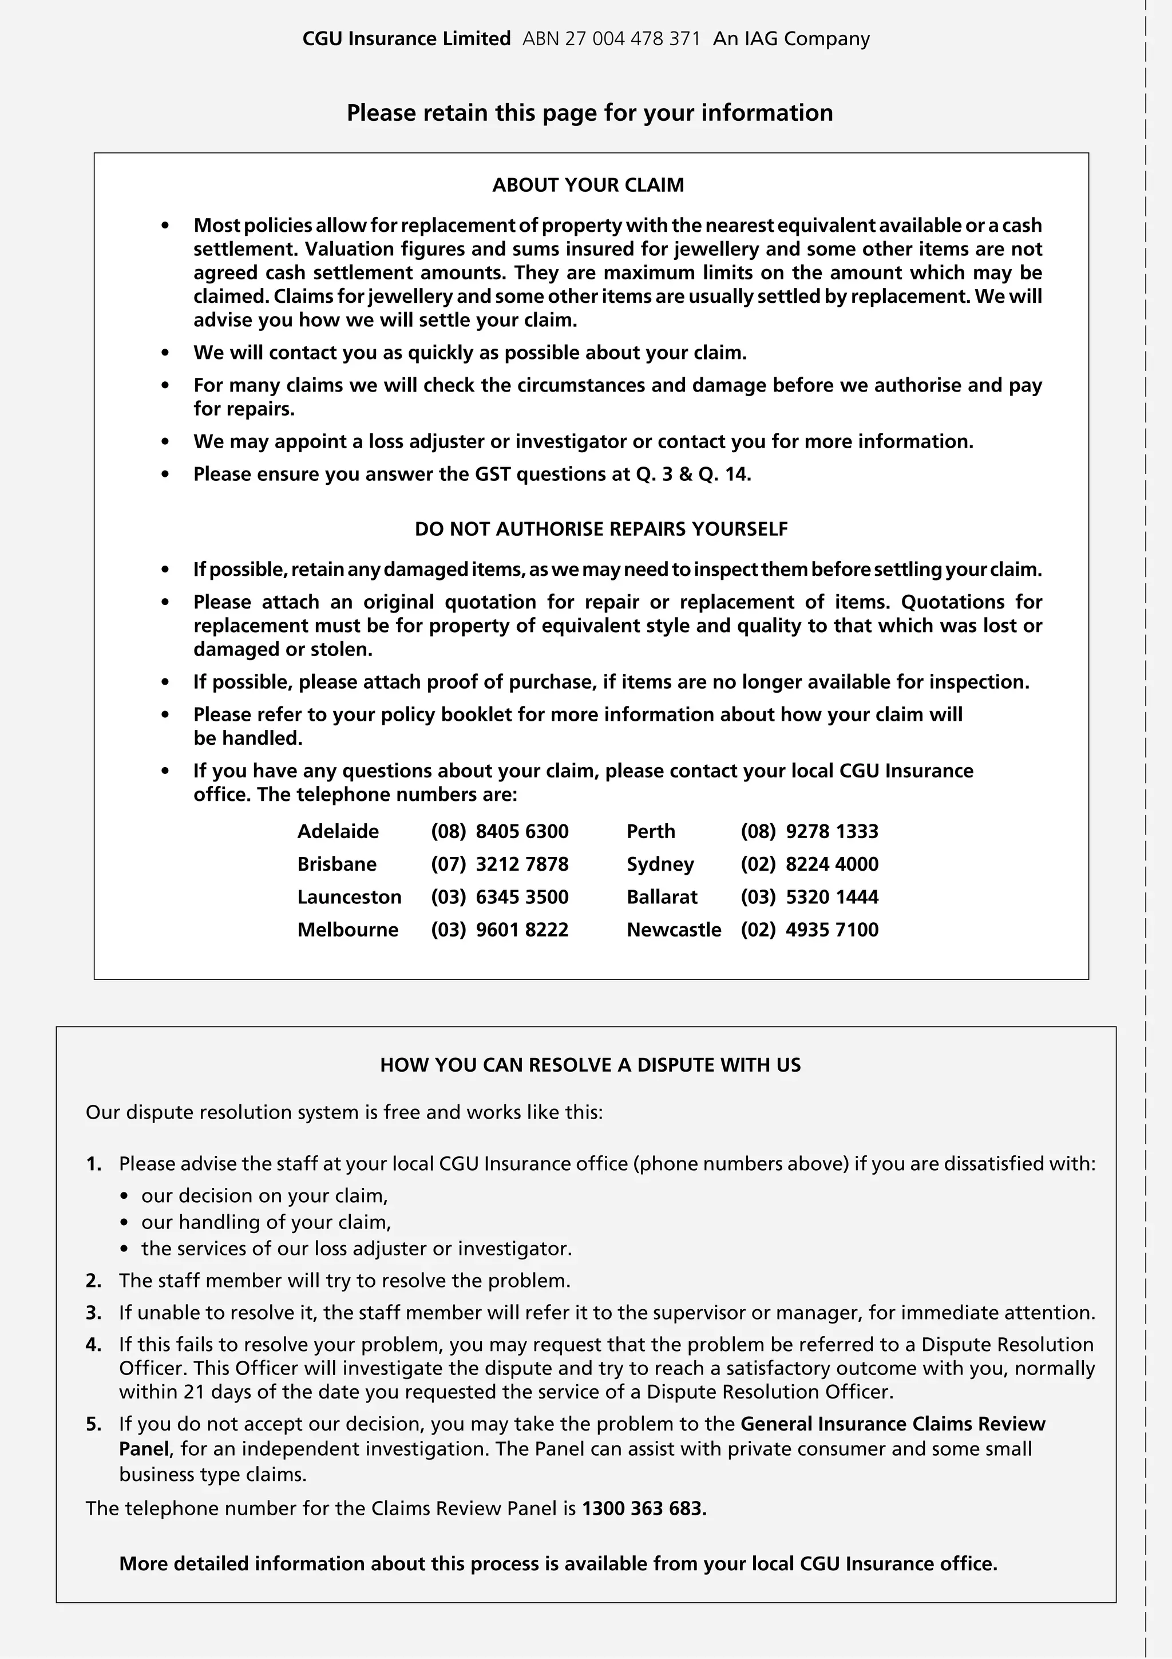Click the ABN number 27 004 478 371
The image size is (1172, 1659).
coord(611,38)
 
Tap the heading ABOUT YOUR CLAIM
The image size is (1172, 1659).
coord(588,185)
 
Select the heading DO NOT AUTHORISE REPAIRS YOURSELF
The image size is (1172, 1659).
coord(601,529)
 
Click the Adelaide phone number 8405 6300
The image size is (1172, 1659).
coord(522,831)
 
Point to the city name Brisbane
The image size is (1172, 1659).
coord(336,864)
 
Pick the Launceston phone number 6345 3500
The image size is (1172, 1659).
coord(522,896)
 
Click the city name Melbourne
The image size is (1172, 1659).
coord(347,929)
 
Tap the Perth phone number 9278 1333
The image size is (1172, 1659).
coord(832,831)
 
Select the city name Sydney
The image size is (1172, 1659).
coord(660,864)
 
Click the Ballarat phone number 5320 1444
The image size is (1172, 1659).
coord(832,896)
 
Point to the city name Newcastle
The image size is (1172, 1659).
coord(674,929)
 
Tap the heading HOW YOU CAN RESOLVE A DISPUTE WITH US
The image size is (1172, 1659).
coord(590,1065)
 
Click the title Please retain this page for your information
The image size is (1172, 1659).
coord(589,113)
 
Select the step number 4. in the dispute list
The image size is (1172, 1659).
coord(94,1345)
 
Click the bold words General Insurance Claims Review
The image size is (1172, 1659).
coord(893,1424)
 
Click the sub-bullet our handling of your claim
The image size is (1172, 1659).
coord(266,1222)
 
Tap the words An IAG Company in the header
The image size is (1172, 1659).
coord(791,38)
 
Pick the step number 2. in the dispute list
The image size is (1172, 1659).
coord(94,1281)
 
